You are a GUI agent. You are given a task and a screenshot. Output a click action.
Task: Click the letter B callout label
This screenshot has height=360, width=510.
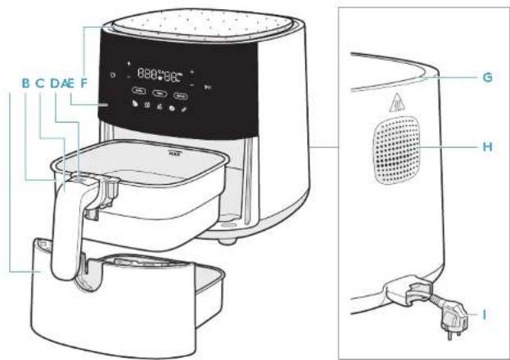pyautogui.click(x=25, y=83)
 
